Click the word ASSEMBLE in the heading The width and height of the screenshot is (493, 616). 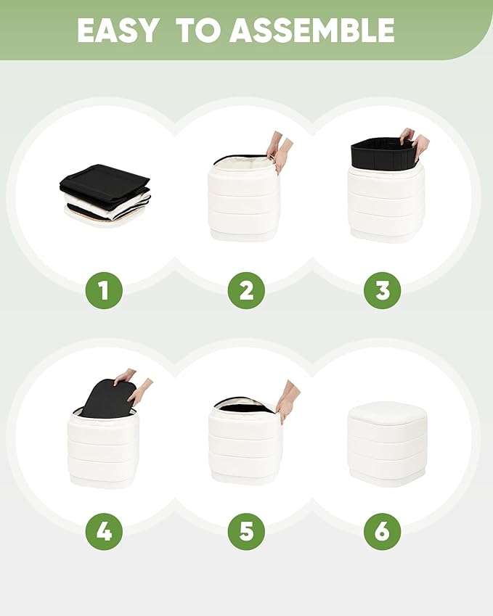[311, 30]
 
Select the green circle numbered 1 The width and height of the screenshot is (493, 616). [104, 291]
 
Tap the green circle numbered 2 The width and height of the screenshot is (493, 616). [247, 291]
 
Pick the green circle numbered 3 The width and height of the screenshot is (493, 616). [382, 291]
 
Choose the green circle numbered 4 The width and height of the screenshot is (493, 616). [104, 532]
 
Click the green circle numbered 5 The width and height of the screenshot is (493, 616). [247, 532]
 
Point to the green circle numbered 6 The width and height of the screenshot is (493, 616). [382, 532]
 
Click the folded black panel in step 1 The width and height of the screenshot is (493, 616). [105, 180]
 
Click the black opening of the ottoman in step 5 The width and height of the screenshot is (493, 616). [243, 406]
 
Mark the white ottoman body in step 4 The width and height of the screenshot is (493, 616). [104, 448]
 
